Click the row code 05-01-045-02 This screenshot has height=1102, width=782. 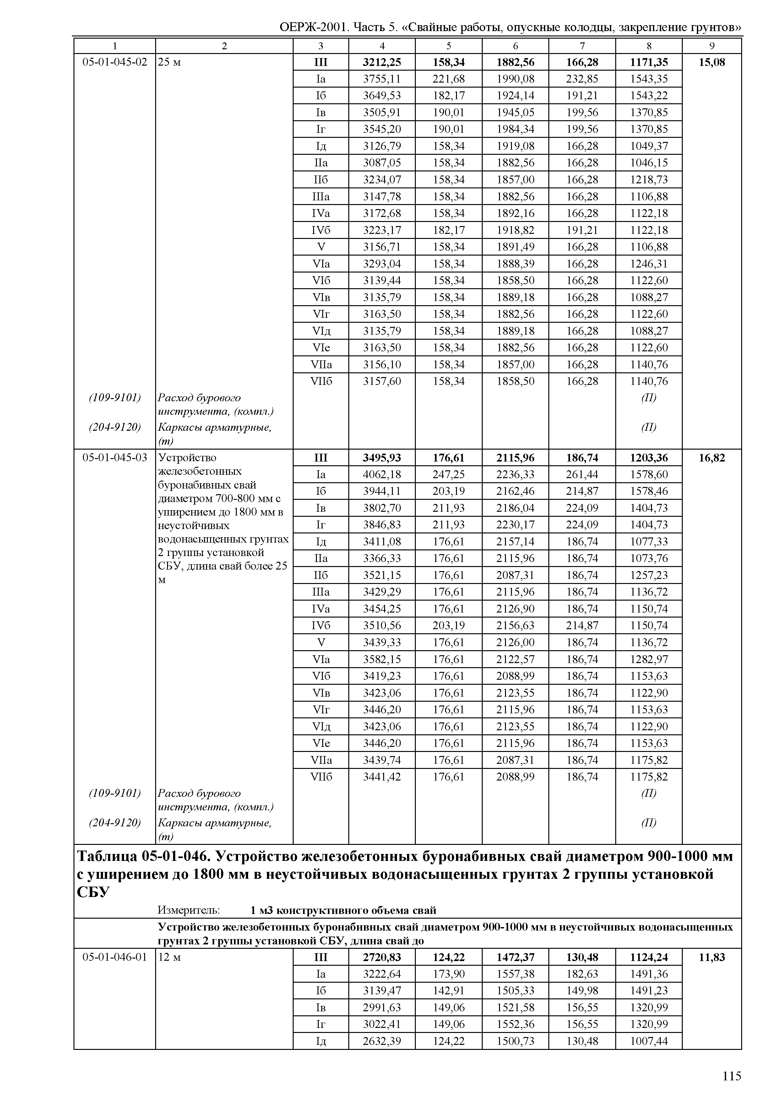pos(115,62)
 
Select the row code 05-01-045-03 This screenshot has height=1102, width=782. pos(115,457)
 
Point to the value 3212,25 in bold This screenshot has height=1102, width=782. pos(382,62)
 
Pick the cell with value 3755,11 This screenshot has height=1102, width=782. pos(382,79)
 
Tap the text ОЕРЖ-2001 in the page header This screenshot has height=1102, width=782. pos(313,27)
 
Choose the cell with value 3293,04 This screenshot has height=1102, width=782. pos(382,264)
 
